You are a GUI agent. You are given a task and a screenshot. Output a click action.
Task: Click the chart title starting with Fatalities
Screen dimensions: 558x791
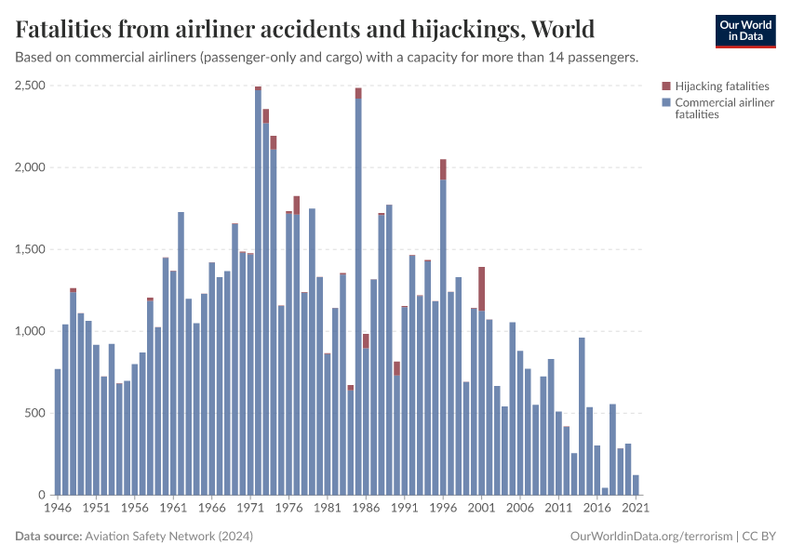click(305, 29)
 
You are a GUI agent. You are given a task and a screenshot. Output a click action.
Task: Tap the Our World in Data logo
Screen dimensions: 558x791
click(744, 30)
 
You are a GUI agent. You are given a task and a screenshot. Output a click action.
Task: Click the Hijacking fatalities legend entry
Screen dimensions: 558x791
click(721, 86)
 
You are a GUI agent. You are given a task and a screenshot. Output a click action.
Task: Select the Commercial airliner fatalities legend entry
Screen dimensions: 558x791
click(723, 108)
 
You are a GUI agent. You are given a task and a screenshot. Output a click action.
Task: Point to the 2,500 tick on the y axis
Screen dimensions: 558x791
click(30, 86)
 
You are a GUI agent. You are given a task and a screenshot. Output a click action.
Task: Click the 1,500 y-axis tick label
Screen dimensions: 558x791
click(30, 249)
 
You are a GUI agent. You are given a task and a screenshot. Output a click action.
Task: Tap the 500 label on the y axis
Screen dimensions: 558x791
click(34, 413)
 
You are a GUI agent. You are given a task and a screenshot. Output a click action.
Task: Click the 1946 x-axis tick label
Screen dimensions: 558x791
click(58, 509)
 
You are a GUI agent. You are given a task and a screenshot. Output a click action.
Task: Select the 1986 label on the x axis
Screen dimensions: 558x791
click(366, 509)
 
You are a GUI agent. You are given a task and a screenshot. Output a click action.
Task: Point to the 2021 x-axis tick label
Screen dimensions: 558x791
click(636, 509)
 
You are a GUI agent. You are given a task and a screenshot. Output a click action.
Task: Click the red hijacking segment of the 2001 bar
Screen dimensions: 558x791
click(481, 288)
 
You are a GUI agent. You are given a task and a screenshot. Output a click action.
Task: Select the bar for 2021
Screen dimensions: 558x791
click(636, 485)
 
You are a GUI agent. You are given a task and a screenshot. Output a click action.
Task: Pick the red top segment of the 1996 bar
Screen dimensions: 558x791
click(443, 169)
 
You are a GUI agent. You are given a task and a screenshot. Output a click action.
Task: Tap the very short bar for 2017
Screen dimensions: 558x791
click(605, 491)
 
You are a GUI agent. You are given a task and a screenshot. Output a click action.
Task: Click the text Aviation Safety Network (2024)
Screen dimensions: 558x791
click(168, 537)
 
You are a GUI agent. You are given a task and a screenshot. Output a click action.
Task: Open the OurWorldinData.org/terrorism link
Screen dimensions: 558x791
click(650, 537)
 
